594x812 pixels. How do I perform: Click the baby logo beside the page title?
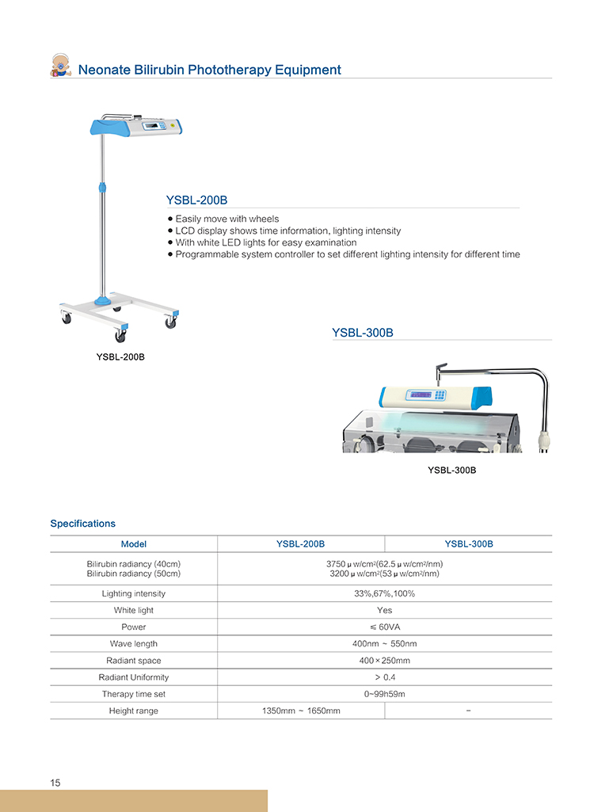click(x=60, y=66)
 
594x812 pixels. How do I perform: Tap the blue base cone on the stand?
click(x=103, y=299)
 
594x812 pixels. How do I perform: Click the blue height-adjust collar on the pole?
click(x=101, y=187)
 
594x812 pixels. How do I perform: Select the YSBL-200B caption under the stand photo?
click(x=120, y=357)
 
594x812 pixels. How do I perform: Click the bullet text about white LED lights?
click(x=265, y=242)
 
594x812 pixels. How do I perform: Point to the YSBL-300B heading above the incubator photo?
click(x=363, y=333)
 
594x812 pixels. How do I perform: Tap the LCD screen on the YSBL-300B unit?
click(x=421, y=395)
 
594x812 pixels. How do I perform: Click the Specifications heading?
click(x=82, y=524)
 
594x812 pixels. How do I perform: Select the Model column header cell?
click(x=133, y=544)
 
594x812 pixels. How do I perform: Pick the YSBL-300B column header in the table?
click(x=468, y=544)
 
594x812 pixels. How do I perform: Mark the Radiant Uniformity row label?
click(x=133, y=677)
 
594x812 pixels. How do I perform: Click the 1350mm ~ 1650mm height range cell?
click(x=301, y=711)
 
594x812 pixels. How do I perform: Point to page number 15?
click(x=55, y=783)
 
